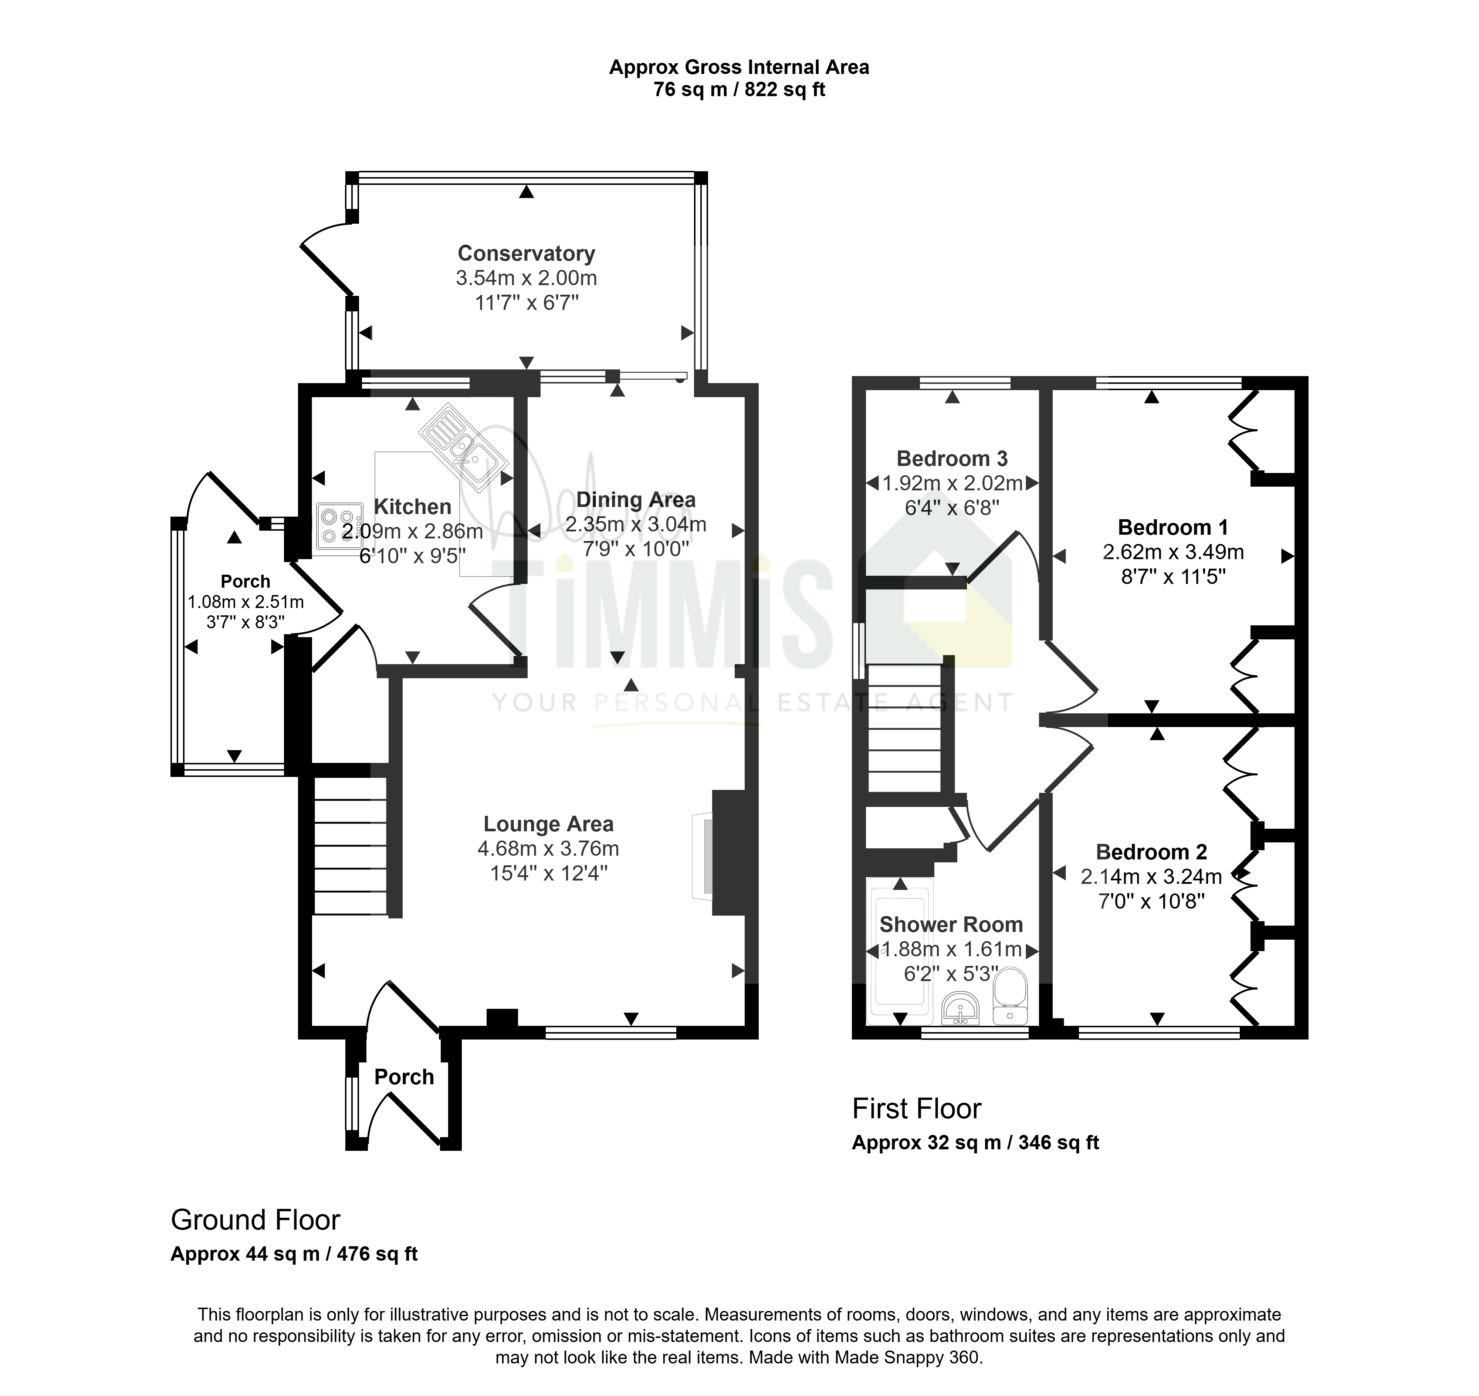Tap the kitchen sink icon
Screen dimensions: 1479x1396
click(462, 446)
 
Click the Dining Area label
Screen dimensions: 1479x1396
click(636, 500)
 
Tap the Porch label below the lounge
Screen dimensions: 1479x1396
click(404, 1077)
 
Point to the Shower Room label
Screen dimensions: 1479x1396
click(951, 925)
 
